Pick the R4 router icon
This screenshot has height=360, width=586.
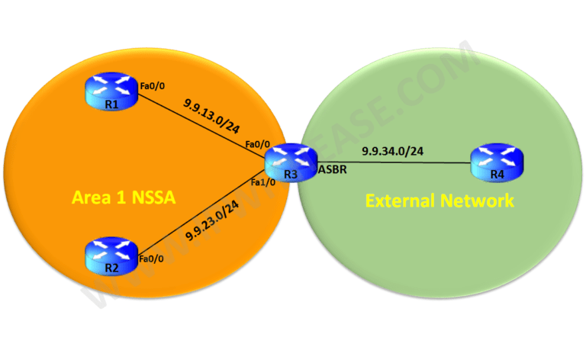click(x=497, y=159)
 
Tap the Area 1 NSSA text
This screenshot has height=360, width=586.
click(x=123, y=198)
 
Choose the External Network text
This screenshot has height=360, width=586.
click(x=439, y=201)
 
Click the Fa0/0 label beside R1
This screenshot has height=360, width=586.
click(x=150, y=86)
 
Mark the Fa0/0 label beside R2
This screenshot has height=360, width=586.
click(x=150, y=259)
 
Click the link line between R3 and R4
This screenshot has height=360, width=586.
click(x=397, y=161)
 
